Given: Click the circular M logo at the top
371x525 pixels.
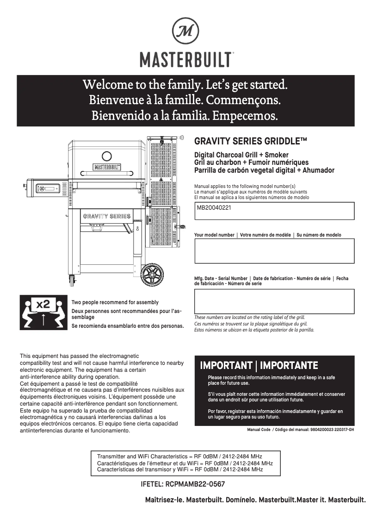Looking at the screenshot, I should (x=185, y=31).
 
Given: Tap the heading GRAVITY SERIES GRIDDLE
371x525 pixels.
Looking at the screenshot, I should (x=251, y=141).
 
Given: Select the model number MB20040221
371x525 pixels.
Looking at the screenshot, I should (x=214, y=208).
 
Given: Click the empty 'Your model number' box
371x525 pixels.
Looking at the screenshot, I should (x=274, y=250).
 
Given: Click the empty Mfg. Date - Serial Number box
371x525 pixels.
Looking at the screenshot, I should (x=274, y=301).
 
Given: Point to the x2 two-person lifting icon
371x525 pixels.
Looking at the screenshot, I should (x=43, y=312).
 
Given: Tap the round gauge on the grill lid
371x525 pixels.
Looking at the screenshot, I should (x=106, y=156).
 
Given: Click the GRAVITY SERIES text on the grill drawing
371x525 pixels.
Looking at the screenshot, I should (x=106, y=216).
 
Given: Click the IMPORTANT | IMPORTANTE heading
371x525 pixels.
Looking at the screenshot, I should (x=259, y=366).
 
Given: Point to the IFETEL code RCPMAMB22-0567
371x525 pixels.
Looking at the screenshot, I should (x=183, y=484).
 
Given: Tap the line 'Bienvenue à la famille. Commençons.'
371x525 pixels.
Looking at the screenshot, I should (x=185, y=100).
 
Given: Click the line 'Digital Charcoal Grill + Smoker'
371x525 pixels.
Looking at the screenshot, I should (x=241, y=155).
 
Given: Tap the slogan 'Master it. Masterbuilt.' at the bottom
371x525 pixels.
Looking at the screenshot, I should (x=331, y=500).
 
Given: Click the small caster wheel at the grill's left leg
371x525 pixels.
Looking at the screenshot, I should (x=72, y=279).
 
